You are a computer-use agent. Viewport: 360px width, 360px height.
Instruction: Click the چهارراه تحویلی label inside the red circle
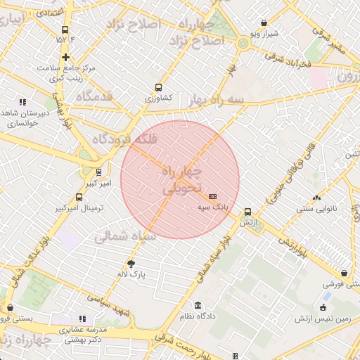pyautogui.click(x=181, y=180)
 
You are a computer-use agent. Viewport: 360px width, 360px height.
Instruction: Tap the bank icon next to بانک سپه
pyautogui.click(x=213, y=196)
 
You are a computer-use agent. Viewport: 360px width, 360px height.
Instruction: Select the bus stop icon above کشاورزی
pyautogui.click(x=158, y=89)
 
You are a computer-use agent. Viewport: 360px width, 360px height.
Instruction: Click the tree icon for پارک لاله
pyautogui.click(x=131, y=264)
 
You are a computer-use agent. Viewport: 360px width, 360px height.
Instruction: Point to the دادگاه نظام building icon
pyautogui.click(x=198, y=306)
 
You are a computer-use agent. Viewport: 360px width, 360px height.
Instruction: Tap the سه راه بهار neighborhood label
pyautogui.click(x=216, y=101)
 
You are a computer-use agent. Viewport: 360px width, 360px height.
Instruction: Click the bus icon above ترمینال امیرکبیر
pyautogui.click(x=79, y=198)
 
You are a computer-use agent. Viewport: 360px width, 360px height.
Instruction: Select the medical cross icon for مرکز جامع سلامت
pyautogui.click(x=65, y=57)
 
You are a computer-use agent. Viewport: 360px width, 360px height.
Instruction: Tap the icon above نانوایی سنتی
pyautogui.click(x=316, y=198)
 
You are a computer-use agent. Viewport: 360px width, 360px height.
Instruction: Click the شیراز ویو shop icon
pyautogui.click(x=264, y=22)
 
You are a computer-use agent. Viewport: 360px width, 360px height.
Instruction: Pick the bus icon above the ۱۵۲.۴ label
pyautogui.click(x=65, y=30)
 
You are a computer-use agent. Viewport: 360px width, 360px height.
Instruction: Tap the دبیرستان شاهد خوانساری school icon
pyautogui.click(x=23, y=102)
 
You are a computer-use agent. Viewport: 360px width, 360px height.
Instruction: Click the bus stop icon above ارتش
pyautogui.click(x=247, y=212)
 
